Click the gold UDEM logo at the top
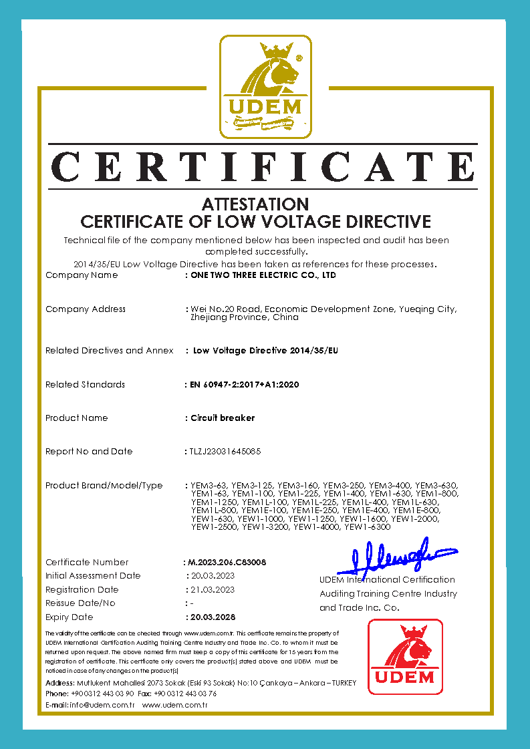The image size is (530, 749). click(265, 87)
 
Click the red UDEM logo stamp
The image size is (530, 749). click(405, 657)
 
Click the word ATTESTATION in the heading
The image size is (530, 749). click(255, 204)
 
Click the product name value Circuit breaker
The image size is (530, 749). click(223, 418)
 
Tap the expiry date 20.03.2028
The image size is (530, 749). click(213, 617)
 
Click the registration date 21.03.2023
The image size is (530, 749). click(213, 590)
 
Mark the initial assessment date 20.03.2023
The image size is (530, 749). click(213, 576)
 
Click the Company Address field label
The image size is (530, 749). click(86, 309)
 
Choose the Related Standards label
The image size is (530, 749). click(85, 385)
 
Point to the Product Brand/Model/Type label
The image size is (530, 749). click(104, 486)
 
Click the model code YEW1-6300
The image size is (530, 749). click(367, 528)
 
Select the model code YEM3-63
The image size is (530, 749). click(209, 485)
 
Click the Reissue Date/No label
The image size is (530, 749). click(80, 603)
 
